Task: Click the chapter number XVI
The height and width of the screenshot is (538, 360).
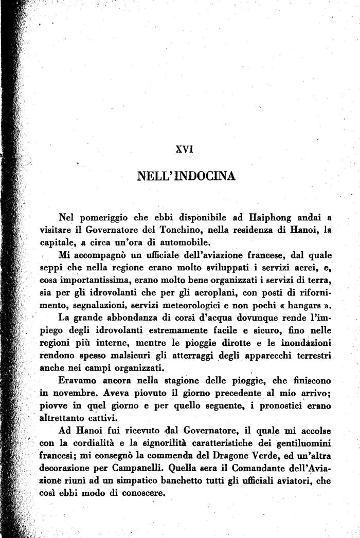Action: click(x=184, y=150)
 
